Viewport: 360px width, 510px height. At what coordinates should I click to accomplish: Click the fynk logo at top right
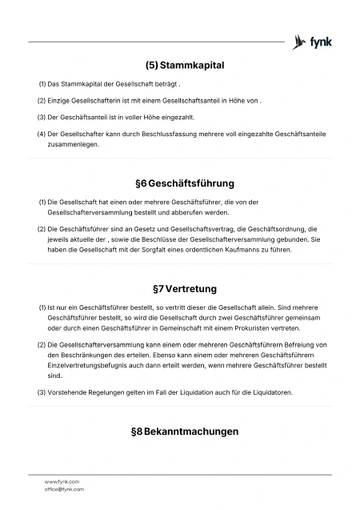pyautogui.click(x=313, y=42)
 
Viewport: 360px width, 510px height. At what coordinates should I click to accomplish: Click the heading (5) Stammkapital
pyautogui.click(x=184, y=65)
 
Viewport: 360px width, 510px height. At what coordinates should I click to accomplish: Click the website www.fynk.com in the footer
pyautogui.click(x=62, y=481)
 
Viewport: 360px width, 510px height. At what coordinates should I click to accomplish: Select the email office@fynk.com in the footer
pyautogui.click(x=64, y=488)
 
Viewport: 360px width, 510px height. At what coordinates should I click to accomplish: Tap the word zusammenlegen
pyautogui.click(x=74, y=144)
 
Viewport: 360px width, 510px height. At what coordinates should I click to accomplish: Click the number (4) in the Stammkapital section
pyautogui.click(x=41, y=134)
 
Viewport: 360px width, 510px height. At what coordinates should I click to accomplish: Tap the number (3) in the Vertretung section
pyautogui.click(x=42, y=392)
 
